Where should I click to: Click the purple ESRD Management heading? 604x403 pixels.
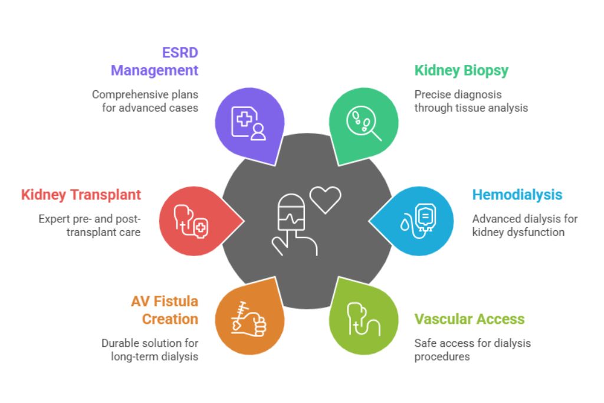click(x=155, y=61)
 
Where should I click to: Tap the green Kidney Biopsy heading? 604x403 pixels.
click(x=461, y=71)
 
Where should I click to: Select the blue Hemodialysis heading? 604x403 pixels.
click(x=517, y=195)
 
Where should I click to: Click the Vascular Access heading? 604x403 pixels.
click(x=469, y=319)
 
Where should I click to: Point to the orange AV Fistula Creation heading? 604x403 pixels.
click(x=165, y=310)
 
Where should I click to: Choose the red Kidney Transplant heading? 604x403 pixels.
click(x=81, y=195)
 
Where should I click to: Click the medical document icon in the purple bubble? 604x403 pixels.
click(x=248, y=123)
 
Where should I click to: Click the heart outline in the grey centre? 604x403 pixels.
click(x=326, y=199)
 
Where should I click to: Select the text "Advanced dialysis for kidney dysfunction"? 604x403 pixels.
click(x=524, y=225)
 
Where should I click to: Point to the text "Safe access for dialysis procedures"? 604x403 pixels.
click(x=472, y=350)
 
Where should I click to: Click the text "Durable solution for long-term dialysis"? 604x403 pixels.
click(x=150, y=350)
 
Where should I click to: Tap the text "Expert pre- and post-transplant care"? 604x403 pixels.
click(x=90, y=225)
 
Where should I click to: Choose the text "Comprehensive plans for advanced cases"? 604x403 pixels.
click(x=145, y=101)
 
